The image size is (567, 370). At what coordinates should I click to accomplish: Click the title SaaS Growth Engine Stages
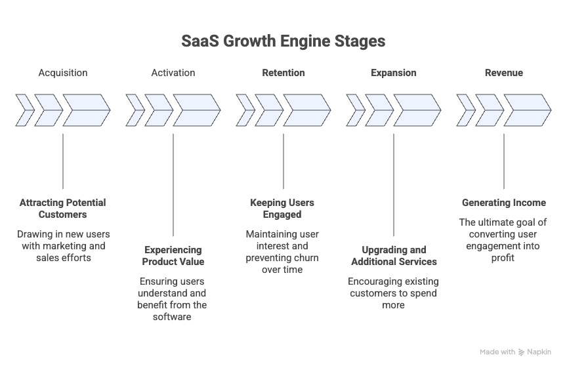click(x=283, y=41)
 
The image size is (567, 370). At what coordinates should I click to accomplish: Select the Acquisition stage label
click(x=63, y=73)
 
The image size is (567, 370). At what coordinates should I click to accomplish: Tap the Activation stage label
click(x=173, y=73)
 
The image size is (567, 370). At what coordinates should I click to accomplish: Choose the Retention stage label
click(x=283, y=73)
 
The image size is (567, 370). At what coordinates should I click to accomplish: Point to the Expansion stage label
click(x=394, y=73)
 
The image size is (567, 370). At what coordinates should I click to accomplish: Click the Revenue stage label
click(x=504, y=73)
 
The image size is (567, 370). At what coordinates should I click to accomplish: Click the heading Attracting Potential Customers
click(x=63, y=209)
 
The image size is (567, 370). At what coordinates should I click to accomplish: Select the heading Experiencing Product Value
click(x=173, y=256)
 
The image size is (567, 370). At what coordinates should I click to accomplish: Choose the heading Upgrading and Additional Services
click(x=394, y=256)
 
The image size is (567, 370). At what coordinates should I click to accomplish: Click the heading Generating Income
click(x=504, y=203)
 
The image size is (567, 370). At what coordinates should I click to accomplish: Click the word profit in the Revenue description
click(x=504, y=258)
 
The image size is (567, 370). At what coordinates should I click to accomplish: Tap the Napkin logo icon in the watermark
click(x=522, y=352)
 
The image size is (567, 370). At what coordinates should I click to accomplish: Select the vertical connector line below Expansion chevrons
click(x=394, y=184)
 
